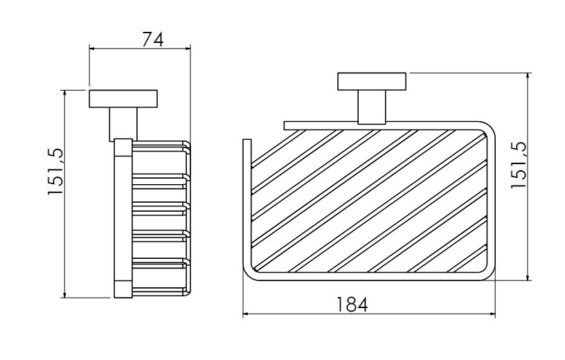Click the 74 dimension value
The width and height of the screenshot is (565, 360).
point(153,39)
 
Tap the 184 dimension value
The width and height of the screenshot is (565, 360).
point(352,305)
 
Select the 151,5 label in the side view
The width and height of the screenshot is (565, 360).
point(55,171)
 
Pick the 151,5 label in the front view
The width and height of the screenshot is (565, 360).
point(518,164)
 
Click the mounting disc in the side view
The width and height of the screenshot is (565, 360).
point(123,99)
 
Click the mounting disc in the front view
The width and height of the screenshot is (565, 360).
point(372,82)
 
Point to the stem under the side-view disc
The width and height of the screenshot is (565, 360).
point(123,125)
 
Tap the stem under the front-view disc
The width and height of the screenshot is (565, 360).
point(372,107)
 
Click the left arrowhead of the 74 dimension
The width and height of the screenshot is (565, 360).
point(92,48)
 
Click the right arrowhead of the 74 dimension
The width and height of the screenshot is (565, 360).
point(188,48)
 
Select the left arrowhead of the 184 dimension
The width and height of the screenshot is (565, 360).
point(246,314)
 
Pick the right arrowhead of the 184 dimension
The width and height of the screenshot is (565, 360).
point(492,314)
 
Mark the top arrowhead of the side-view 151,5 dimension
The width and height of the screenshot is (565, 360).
point(65,93)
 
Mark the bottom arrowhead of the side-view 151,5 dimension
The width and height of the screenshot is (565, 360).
point(65,295)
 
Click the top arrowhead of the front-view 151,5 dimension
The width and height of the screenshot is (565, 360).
point(528,76)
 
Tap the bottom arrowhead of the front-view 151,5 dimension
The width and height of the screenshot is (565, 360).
point(528,277)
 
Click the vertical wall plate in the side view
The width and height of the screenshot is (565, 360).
point(123,218)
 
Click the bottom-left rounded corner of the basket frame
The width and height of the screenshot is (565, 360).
point(249,275)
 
